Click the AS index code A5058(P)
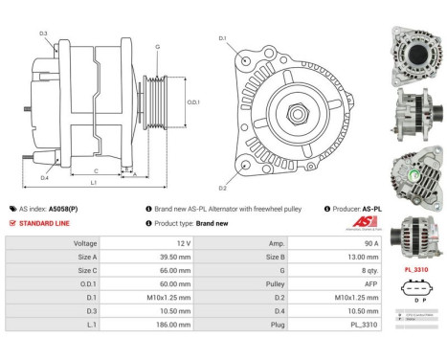pos(63,208)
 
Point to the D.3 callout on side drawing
pos(44,34)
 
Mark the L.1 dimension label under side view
pos(94,182)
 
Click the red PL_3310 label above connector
pos(415,269)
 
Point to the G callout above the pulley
pos(157,47)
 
